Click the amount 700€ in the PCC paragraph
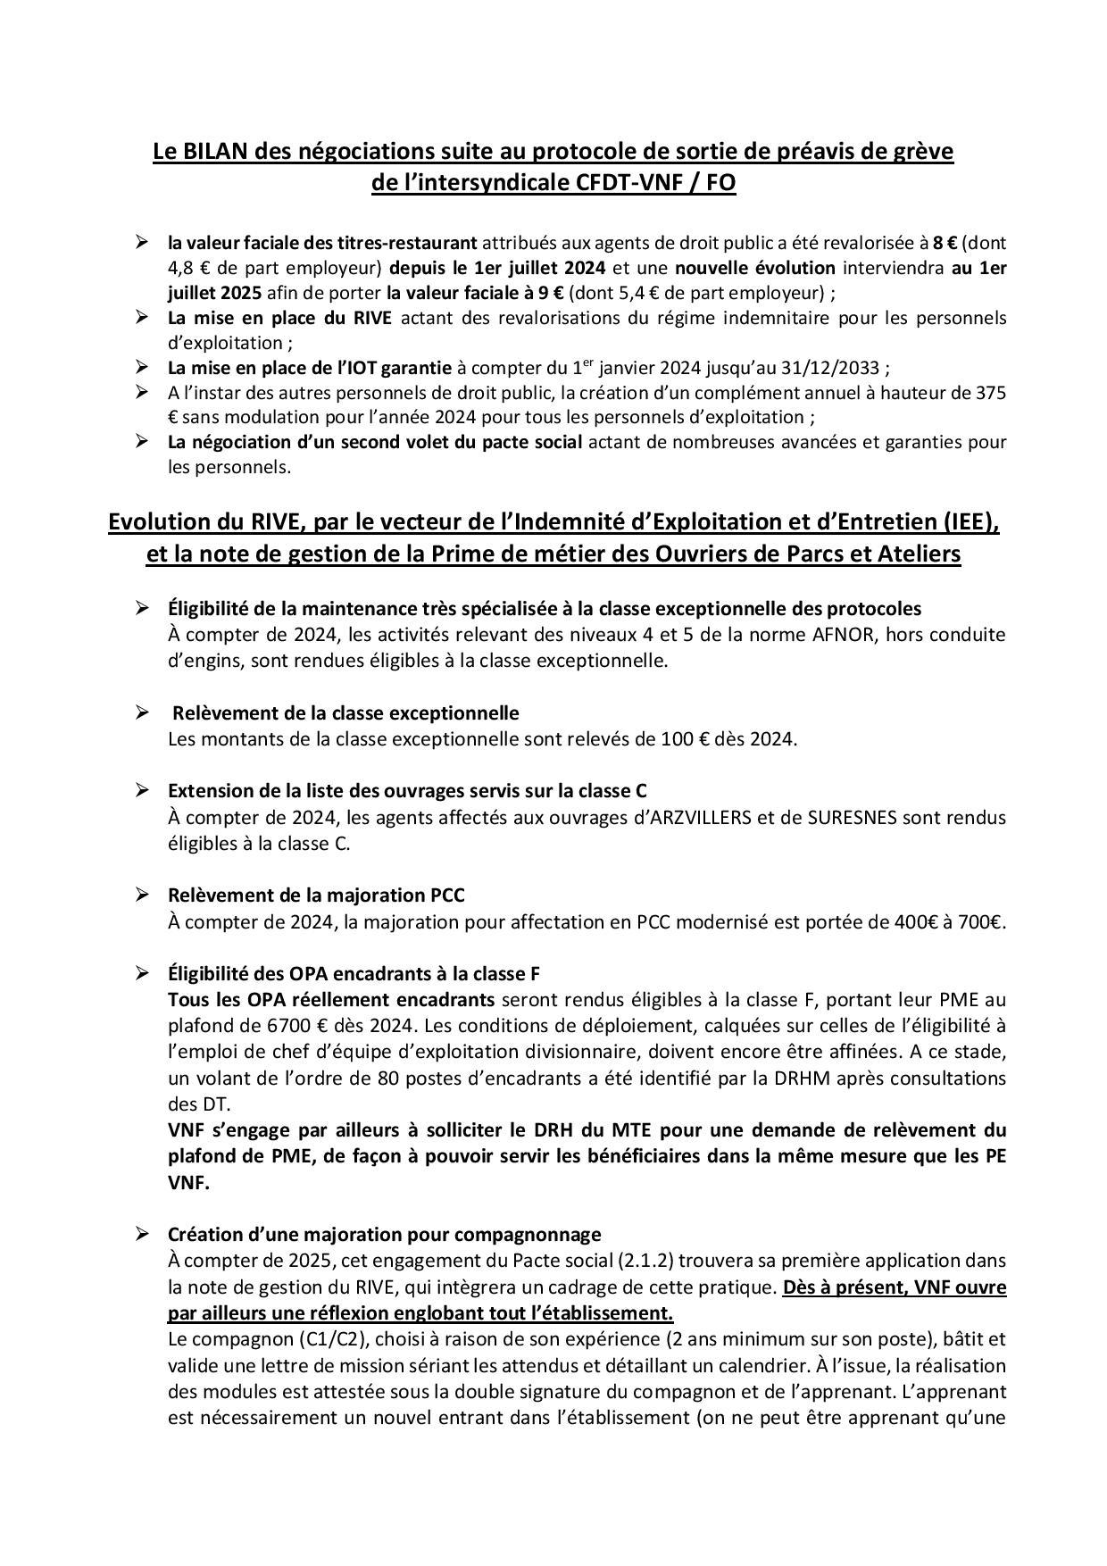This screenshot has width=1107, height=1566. coord(982,922)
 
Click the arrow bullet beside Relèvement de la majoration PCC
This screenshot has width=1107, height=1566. coord(142,895)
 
